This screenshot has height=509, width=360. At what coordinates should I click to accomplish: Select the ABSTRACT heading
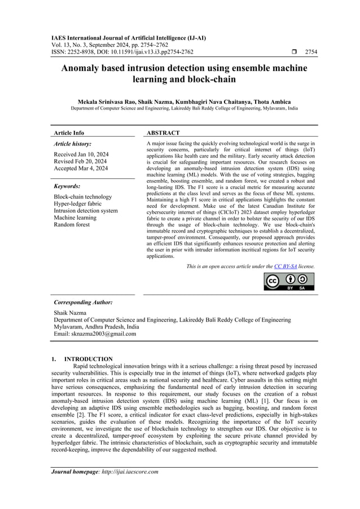tap(163, 133)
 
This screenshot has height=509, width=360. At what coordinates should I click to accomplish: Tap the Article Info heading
tap(69, 133)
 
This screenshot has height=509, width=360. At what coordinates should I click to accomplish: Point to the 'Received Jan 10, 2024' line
tap(81, 153)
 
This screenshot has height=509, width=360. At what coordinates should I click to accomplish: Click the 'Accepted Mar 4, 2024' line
tap(81, 168)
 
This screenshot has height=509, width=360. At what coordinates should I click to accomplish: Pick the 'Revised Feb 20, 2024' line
tap(80, 161)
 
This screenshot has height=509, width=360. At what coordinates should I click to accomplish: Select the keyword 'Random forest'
tap(72, 225)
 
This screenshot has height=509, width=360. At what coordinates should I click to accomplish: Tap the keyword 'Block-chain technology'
tap(83, 196)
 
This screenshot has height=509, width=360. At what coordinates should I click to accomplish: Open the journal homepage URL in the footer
tap(131, 472)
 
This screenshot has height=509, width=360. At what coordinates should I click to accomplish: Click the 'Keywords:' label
tap(67, 186)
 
